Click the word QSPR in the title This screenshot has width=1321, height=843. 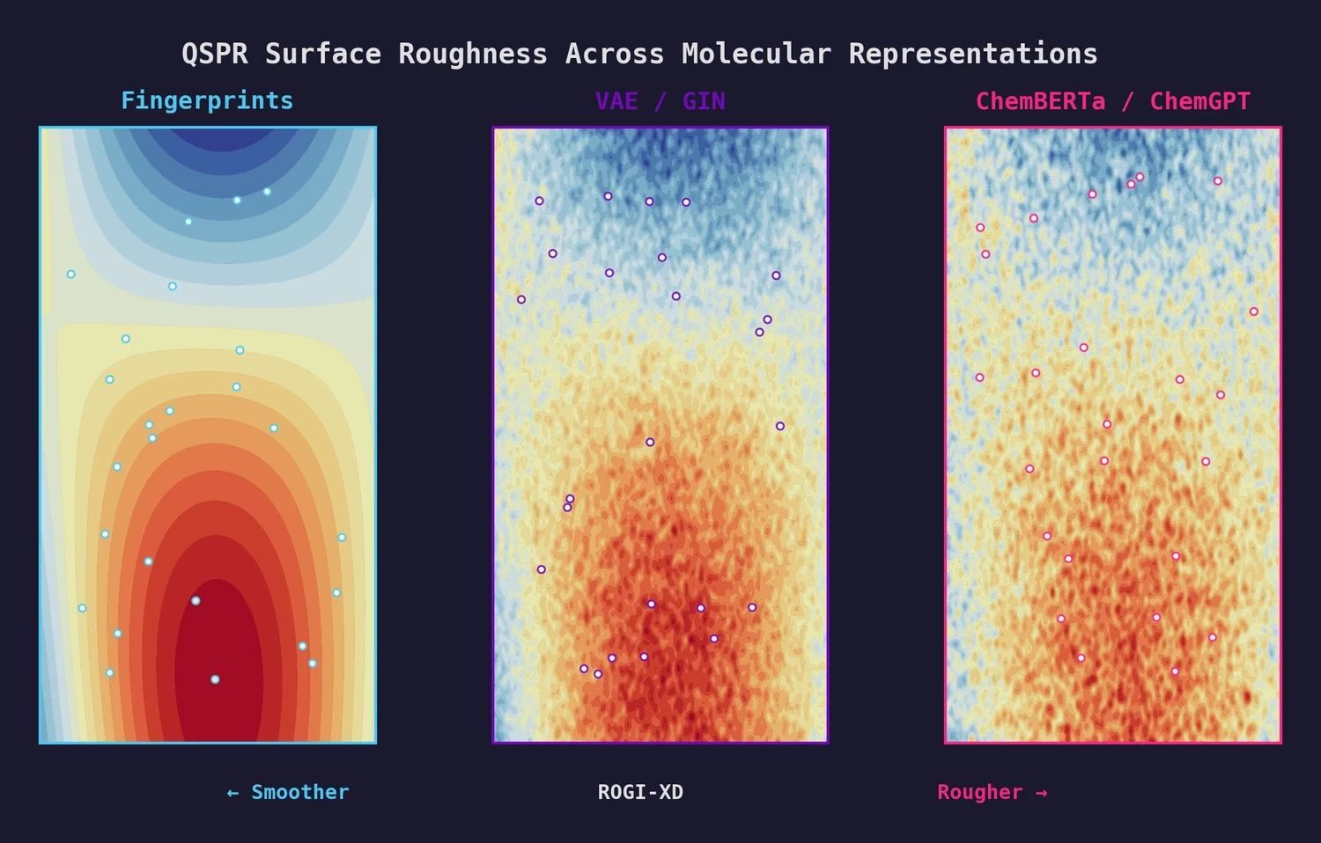pos(214,54)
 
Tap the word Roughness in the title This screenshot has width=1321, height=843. pos(472,54)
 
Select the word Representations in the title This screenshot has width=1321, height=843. pos(973,54)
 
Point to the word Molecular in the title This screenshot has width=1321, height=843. pos(756,54)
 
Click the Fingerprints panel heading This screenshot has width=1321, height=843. pos(207,100)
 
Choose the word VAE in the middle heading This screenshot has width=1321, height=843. pos(616,101)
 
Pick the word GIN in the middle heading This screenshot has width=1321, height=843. pos(704,101)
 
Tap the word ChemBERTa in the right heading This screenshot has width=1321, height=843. pos(1040,101)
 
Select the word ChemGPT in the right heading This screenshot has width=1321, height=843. pos(1199,101)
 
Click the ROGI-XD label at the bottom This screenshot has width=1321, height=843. pos(640,792)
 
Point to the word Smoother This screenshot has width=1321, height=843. pos(300,792)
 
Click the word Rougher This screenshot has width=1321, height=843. pos(979,792)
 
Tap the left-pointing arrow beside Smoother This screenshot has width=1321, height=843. pos(232,793)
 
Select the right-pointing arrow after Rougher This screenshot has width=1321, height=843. pos(1042,793)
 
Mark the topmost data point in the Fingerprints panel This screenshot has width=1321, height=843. pos(267,191)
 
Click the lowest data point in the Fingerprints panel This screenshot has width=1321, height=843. pos(215,679)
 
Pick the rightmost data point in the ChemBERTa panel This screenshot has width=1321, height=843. pos(1253,312)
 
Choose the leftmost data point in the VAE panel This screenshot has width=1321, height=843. pos(521,299)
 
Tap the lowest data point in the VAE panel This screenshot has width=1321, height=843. pos(598,674)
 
